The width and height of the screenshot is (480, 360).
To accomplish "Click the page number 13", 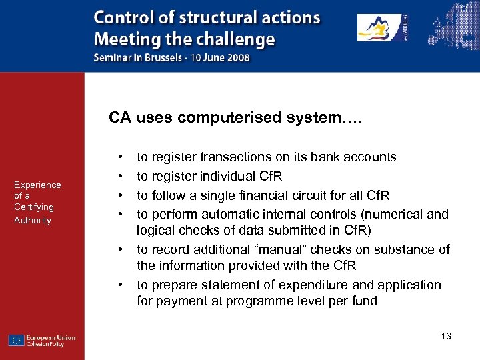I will (x=446, y=336).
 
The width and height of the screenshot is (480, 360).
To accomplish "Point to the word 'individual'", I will (x=222, y=176).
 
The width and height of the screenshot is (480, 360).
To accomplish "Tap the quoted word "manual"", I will (x=297, y=249).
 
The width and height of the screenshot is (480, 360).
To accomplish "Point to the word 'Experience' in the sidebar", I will (x=37, y=185).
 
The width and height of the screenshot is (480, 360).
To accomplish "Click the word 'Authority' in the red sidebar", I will (x=33, y=220).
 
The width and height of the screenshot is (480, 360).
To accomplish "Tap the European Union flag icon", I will (x=17, y=340).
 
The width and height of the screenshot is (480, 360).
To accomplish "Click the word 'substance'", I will (x=409, y=249).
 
